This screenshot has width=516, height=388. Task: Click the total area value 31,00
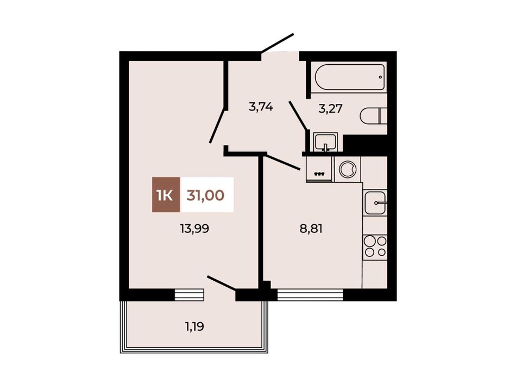205,195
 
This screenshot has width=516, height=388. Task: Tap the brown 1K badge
166,194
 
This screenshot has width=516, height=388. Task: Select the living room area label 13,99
194,229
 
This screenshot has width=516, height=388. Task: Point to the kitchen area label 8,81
311,229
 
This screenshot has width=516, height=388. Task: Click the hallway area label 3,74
261,107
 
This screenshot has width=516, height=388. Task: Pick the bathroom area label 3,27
330,108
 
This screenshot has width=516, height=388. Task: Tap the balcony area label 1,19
194,327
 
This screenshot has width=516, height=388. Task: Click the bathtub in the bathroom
350,77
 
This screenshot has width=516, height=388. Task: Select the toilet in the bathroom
374,116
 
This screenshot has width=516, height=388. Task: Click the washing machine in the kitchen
348,169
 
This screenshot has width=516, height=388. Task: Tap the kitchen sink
375,203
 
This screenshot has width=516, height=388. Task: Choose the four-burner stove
375,247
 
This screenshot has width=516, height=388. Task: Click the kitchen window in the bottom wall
310,295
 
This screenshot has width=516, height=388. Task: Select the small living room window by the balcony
189,295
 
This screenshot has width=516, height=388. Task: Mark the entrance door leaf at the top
277,43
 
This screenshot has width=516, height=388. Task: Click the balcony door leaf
222,284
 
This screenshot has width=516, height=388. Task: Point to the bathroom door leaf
298,115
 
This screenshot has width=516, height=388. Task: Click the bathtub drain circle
380,77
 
